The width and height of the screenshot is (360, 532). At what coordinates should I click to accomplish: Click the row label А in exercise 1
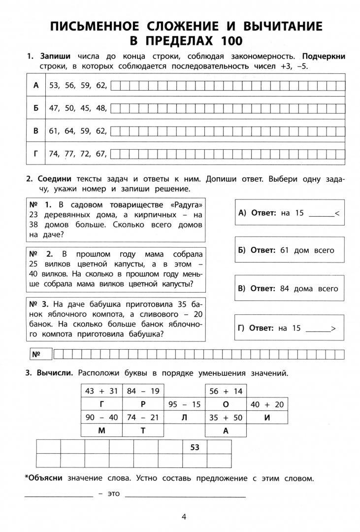pyautogui.click(x=35, y=85)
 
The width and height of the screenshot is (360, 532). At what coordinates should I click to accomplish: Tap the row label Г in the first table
pyautogui.click(x=35, y=153)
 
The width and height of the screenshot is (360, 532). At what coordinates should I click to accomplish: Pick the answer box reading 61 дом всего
pyautogui.click(x=289, y=250)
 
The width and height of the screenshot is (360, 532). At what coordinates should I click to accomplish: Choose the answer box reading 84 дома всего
pyautogui.click(x=289, y=288)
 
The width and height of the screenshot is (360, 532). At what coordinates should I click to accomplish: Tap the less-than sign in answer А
pyautogui.click(x=336, y=213)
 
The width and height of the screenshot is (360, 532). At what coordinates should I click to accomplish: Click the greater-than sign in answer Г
pyautogui.click(x=333, y=328)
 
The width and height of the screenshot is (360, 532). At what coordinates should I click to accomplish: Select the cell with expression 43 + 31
pyautogui.click(x=102, y=391)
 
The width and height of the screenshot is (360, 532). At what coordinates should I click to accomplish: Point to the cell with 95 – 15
pyautogui.click(x=184, y=404)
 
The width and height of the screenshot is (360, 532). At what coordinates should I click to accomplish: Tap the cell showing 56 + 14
pyautogui.click(x=226, y=391)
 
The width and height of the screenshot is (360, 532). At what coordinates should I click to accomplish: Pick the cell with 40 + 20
pyautogui.click(x=267, y=404)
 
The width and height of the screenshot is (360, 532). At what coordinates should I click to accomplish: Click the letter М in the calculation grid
pyautogui.click(x=102, y=431)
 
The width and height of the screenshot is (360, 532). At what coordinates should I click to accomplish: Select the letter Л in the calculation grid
pyautogui.click(x=184, y=417)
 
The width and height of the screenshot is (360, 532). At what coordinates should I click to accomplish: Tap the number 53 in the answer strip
pyautogui.click(x=195, y=447)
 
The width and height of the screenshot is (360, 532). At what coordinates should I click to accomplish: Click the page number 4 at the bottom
pyautogui.click(x=184, y=517)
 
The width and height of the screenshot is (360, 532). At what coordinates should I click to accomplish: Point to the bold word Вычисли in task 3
pyautogui.click(x=55, y=373)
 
